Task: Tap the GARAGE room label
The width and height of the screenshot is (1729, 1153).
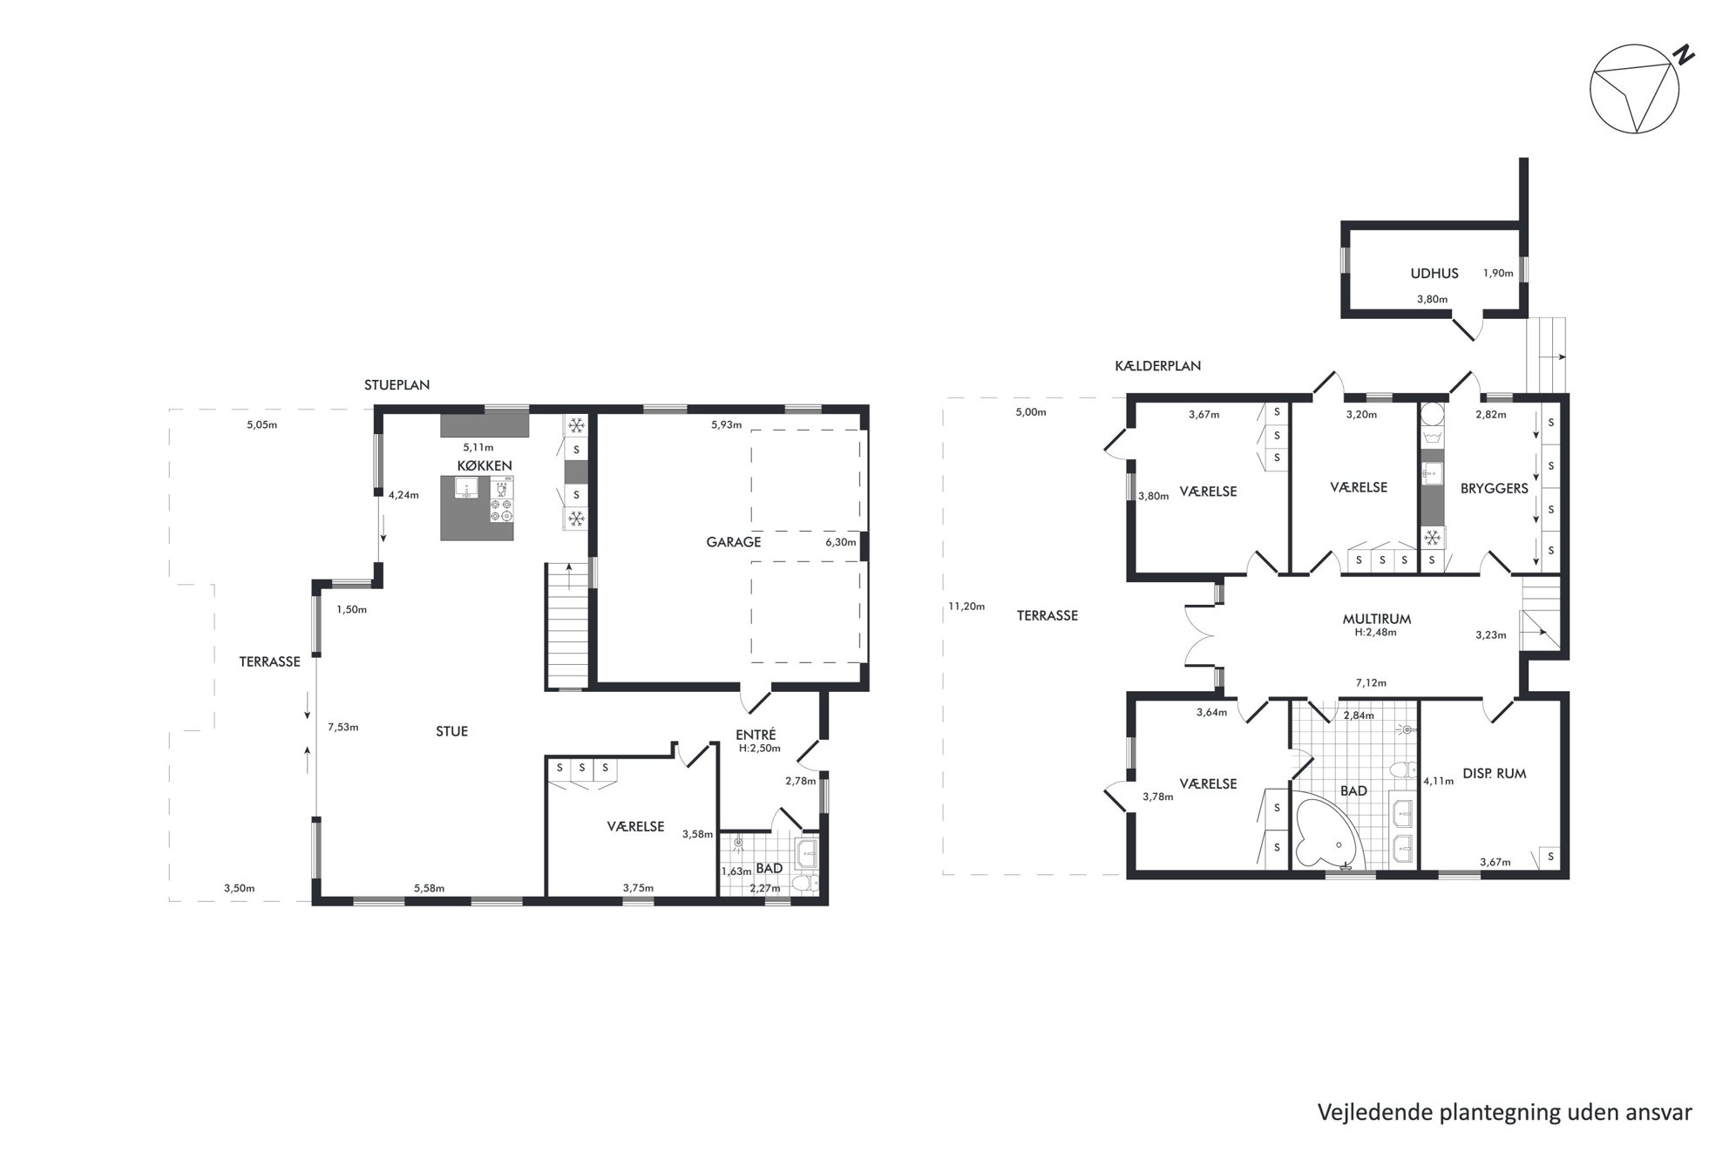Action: (x=734, y=542)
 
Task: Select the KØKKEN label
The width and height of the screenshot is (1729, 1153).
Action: (x=485, y=465)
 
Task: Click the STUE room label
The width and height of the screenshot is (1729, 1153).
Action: (x=451, y=731)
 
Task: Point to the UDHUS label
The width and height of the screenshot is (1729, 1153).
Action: (x=1434, y=273)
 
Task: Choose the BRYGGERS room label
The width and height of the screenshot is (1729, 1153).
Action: (x=1495, y=488)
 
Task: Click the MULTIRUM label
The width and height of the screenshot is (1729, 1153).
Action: (x=1377, y=619)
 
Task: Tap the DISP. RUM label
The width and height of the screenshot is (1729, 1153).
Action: (x=1494, y=773)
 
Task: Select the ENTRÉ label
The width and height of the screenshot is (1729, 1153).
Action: (x=756, y=734)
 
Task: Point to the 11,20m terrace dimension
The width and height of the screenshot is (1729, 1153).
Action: (x=966, y=607)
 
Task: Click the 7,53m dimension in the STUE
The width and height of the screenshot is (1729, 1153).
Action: (x=342, y=727)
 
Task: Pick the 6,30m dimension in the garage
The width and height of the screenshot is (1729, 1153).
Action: (x=841, y=542)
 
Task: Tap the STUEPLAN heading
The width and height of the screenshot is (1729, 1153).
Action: (x=397, y=384)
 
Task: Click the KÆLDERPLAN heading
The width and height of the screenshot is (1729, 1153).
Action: (x=1157, y=366)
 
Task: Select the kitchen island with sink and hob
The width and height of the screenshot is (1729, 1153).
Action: (x=478, y=508)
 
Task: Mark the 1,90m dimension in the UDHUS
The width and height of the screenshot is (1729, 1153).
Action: (x=1498, y=273)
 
